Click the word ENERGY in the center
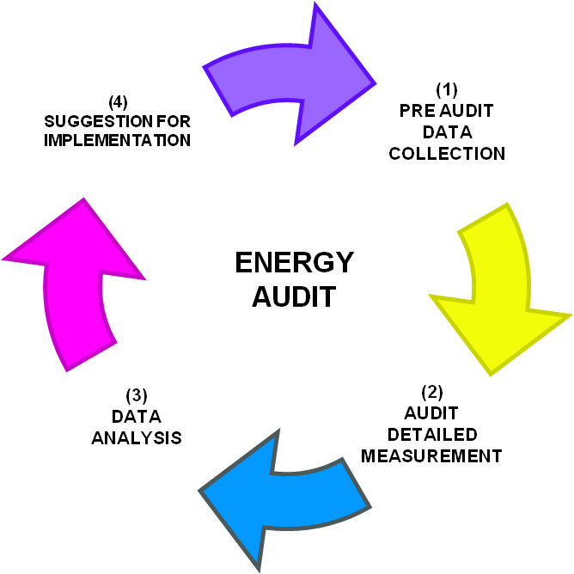(294, 263)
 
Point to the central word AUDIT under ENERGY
(293, 296)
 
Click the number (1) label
(447, 89)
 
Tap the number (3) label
(137, 396)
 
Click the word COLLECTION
(447, 154)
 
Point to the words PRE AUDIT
(447, 111)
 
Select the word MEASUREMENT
(431, 455)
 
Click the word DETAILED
(431, 434)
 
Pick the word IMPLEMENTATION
(117, 140)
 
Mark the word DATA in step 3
(137, 417)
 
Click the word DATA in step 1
(447, 132)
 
